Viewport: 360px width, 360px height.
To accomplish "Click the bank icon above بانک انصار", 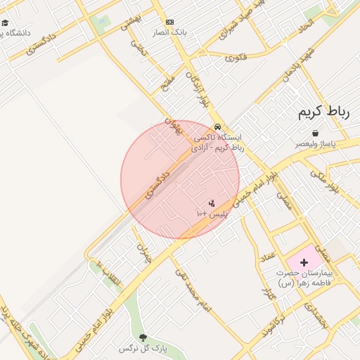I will point(169,22).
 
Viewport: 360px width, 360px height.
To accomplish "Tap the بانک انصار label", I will point(169,33).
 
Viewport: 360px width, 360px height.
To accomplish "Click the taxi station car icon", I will point(218,127).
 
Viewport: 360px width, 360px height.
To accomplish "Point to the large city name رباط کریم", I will point(323,112).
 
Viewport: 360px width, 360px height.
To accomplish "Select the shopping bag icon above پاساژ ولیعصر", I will point(314,133).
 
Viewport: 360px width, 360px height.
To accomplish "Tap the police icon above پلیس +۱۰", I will point(212,202).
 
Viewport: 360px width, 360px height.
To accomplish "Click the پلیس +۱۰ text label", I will point(212,212).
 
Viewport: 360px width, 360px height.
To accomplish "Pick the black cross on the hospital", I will point(304,262).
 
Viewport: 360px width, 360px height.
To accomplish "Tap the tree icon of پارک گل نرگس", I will point(144,337).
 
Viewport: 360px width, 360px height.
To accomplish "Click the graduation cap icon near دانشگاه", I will point(6,22).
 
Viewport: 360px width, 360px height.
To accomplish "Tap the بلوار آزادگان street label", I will point(198,89).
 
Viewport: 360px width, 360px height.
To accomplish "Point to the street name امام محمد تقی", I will point(193,288).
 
